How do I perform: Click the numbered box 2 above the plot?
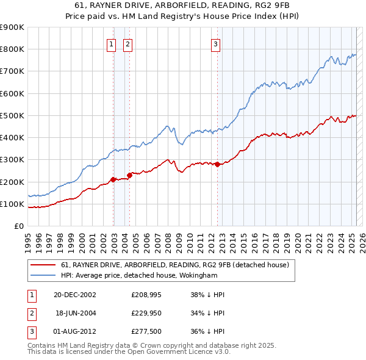[x=128, y=43]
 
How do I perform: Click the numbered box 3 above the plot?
[x=216, y=43]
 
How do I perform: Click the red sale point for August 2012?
[x=218, y=164]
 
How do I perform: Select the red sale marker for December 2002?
[x=113, y=179]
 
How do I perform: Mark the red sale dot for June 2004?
[x=129, y=175]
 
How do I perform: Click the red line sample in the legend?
[x=43, y=265]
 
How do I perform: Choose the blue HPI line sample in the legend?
[x=43, y=275]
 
